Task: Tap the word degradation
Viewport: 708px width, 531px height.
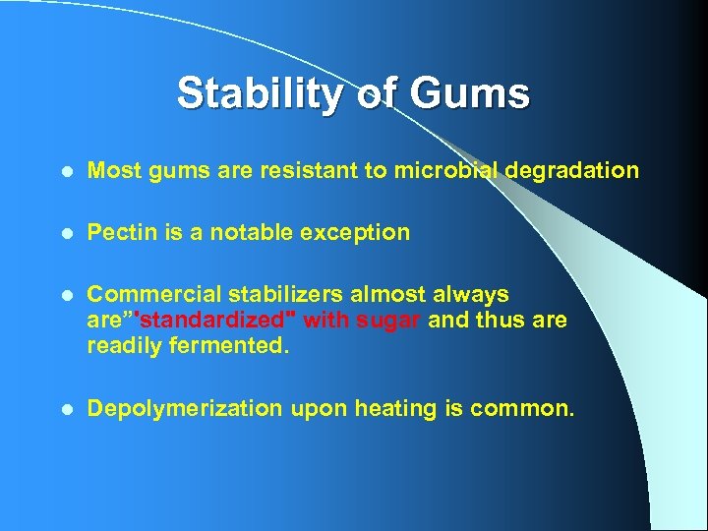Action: (575, 171)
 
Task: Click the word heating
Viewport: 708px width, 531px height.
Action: (395, 408)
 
